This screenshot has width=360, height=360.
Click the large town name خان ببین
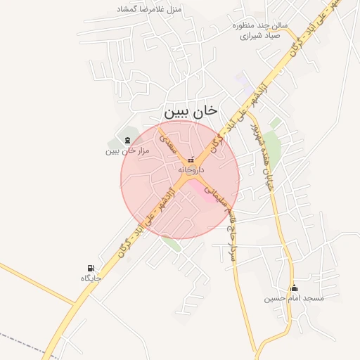(191, 111)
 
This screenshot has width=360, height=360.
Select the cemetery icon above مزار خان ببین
(127, 140)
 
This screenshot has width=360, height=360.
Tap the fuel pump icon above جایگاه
(91, 268)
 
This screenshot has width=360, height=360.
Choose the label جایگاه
(91, 278)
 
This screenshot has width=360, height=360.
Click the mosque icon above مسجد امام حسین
(294, 288)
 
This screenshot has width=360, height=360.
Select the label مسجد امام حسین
(294, 298)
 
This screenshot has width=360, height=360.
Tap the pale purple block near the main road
(241, 79)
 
